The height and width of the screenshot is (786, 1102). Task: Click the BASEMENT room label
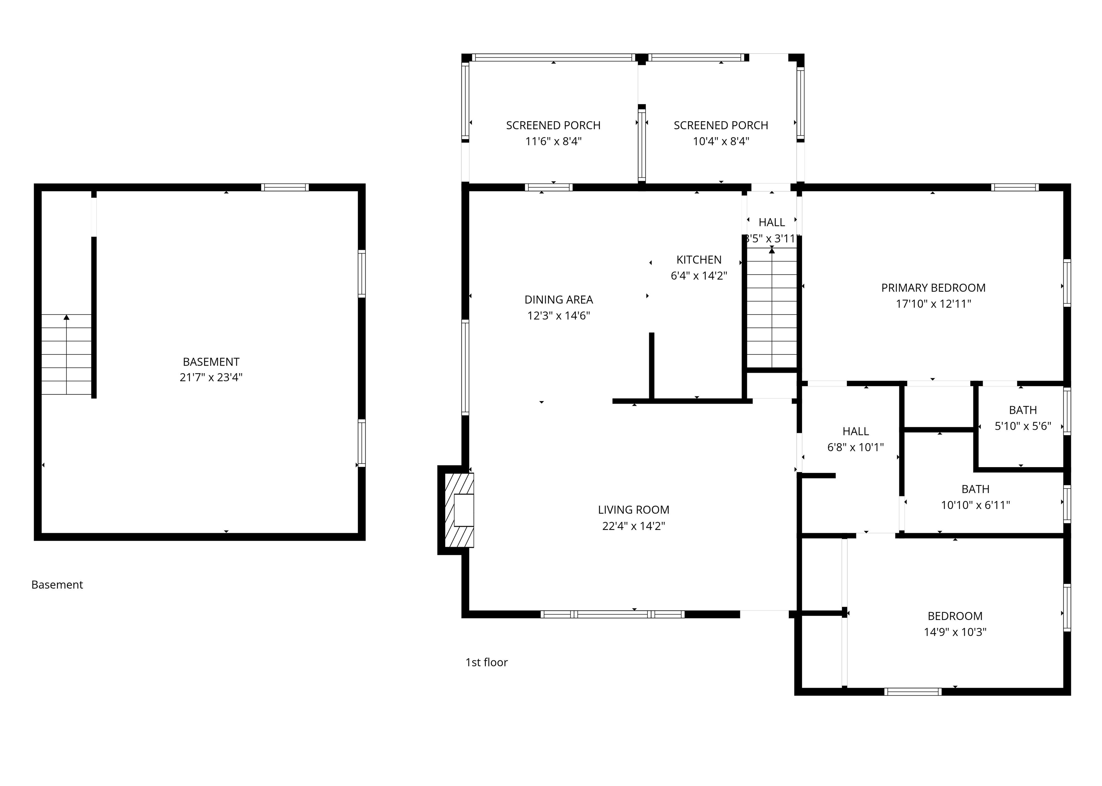click(x=211, y=362)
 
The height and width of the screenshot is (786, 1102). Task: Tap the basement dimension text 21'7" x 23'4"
click(x=211, y=377)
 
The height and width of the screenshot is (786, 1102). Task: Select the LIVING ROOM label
click(x=634, y=510)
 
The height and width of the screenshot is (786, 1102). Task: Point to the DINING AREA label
click(x=559, y=300)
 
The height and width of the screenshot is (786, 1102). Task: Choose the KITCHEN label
click(x=699, y=260)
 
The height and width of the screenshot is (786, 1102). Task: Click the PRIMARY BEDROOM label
click(x=933, y=288)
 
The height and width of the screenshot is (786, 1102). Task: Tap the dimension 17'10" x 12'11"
click(x=933, y=304)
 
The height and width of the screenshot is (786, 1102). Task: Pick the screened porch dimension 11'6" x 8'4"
click(x=553, y=141)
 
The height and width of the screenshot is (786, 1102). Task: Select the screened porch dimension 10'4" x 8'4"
click(x=721, y=141)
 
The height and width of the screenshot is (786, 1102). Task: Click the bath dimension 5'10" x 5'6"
click(x=1023, y=426)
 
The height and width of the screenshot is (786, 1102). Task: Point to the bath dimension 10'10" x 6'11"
click(x=975, y=505)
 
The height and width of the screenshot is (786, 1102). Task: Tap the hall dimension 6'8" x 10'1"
click(x=855, y=447)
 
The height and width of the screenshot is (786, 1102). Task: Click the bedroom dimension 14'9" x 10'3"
click(x=955, y=632)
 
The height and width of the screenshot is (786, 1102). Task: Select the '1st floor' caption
click(x=486, y=662)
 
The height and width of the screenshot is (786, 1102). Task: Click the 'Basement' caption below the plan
click(x=57, y=585)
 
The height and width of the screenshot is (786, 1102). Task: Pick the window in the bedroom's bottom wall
click(x=913, y=692)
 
